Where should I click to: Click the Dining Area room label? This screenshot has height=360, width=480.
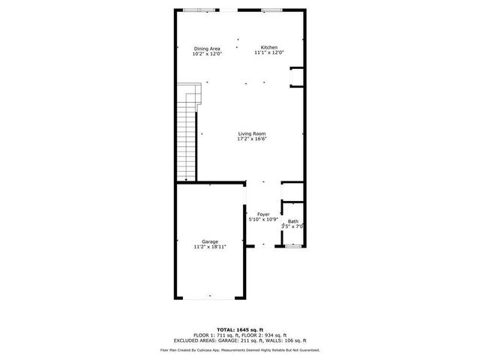pos(207,49)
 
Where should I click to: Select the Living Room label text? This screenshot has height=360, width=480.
pos(252,133)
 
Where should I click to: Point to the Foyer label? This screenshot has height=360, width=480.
pos(263,214)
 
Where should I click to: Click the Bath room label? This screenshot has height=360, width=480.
pos(292,221)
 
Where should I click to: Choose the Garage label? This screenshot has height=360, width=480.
pos(209,241)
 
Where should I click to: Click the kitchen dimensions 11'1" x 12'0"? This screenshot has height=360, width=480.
pos(269,53)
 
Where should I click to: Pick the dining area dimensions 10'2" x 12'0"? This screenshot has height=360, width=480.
pos(207,54)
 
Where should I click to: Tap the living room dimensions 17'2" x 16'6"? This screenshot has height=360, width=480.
pos(252,139)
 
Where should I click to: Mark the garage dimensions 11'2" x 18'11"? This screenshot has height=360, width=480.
pos(209,246)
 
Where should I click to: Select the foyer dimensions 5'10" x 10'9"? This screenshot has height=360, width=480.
pos(263,219)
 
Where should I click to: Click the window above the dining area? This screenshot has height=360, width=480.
pos(202,10)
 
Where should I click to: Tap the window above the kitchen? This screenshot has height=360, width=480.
pos(271,10)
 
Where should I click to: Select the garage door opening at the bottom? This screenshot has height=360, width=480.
pos(209,298)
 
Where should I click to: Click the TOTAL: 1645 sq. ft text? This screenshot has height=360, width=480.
pos(239,329)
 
